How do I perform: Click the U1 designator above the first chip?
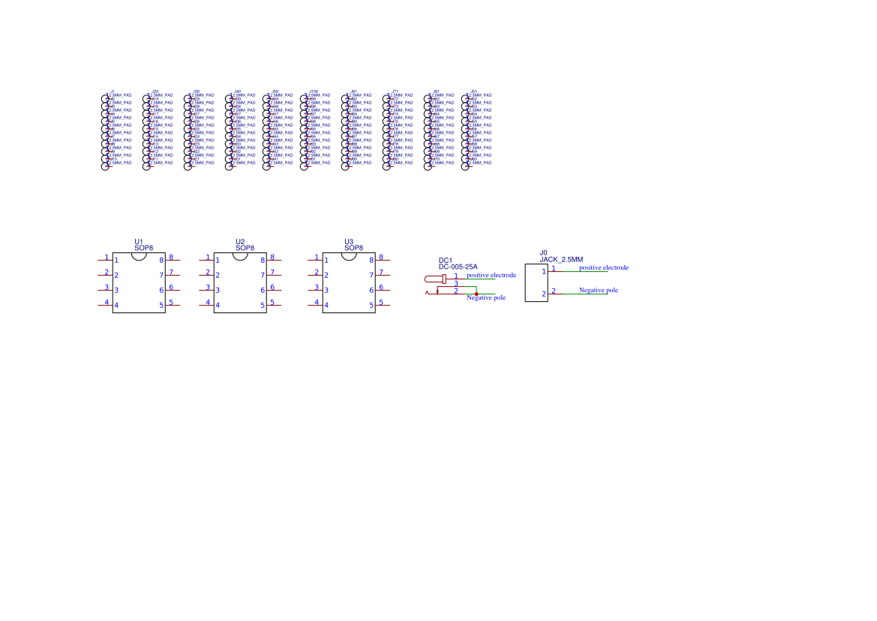139,242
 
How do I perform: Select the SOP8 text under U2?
245,247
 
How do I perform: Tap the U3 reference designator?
349,242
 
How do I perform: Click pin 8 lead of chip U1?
172,260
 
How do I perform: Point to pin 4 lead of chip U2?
206,305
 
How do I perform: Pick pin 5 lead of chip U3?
382,305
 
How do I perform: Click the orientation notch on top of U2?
240,255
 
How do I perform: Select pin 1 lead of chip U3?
315,260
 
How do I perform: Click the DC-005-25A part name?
458,267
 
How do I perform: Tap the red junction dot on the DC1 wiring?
476,294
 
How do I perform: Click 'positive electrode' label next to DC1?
491,276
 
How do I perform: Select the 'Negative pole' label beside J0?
599,290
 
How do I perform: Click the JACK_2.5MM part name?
561,259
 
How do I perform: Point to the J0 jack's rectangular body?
536,282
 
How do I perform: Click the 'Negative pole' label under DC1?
486,298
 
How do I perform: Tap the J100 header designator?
314,91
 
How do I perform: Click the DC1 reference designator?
446,260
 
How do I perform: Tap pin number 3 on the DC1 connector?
455,284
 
